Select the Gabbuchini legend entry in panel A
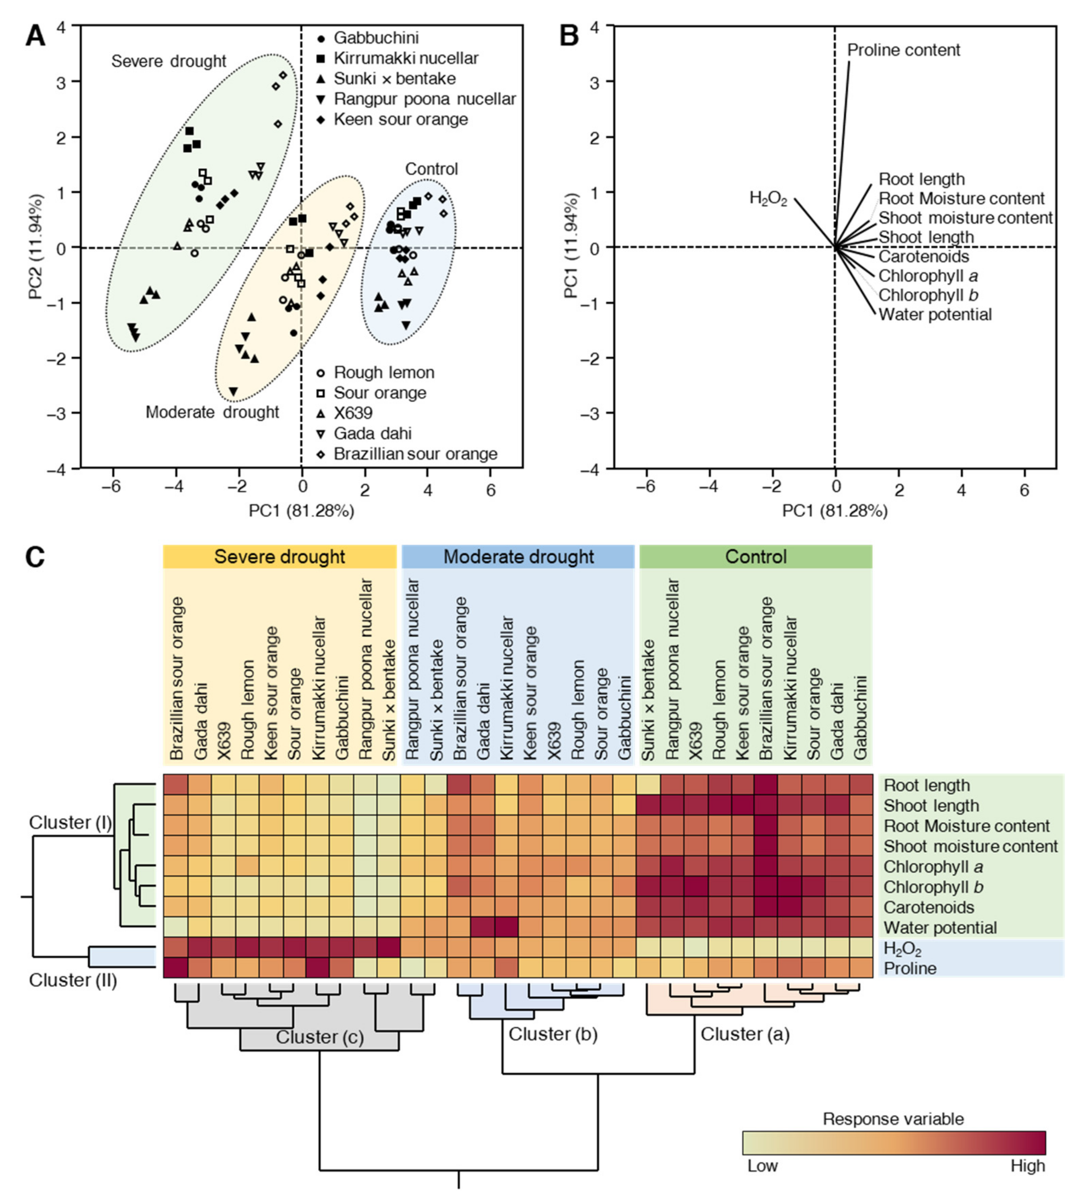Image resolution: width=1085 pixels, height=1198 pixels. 376,38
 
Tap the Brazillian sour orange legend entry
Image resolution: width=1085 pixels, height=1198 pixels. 415,454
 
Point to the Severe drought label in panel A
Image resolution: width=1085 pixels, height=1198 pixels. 169,61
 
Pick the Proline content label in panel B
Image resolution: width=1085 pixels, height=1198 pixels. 903,50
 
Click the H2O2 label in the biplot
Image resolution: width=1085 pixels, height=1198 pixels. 768,198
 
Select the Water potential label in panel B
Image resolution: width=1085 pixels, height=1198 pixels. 935,314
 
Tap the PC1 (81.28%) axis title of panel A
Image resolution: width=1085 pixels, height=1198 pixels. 302,511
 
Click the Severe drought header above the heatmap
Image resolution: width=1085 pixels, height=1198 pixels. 280,557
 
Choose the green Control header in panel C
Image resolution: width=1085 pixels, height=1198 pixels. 756,557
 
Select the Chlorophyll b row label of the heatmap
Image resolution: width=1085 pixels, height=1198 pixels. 933,887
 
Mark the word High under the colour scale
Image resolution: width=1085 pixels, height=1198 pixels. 1027,1166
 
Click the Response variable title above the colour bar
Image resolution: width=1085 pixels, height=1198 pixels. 893,1119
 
